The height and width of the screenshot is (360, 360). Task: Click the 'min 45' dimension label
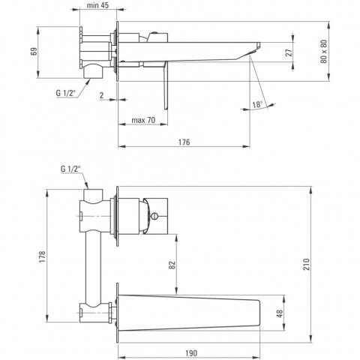pos(97,5)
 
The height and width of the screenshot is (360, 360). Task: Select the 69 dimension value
pos(34,51)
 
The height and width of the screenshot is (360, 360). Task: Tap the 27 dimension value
pos(289,52)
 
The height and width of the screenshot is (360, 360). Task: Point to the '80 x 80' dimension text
pos(323,52)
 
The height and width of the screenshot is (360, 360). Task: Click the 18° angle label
pos(257,104)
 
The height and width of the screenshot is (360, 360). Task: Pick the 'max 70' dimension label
pos(143,120)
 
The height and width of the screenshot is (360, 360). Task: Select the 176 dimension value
pos(184,142)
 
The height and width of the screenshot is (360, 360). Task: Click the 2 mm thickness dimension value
pos(101,95)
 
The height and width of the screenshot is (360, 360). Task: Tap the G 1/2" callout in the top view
pos(65,93)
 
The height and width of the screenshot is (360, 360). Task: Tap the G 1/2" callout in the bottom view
pos(70,169)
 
